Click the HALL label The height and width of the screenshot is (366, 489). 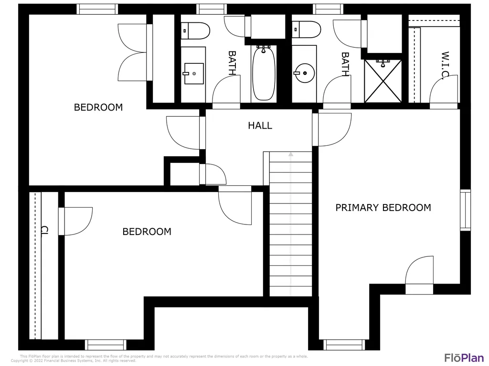(260, 126)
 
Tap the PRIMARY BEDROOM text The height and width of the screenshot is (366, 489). (383, 208)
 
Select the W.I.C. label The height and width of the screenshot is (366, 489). (445, 65)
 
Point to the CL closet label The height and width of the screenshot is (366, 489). (44, 230)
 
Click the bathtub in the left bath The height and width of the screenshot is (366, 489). (264, 73)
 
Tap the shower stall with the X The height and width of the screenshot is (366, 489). (383, 81)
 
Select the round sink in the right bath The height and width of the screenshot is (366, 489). (304, 73)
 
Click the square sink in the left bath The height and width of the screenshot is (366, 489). (194, 74)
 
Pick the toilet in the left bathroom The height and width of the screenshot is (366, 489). (195, 30)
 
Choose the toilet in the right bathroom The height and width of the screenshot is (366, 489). (306, 30)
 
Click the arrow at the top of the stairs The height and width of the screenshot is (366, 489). (291, 154)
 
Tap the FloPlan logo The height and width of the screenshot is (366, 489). (464, 357)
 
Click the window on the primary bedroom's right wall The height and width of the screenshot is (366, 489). (465, 210)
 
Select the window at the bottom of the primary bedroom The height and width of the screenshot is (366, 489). (344, 345)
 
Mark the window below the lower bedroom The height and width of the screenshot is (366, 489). (106, 345)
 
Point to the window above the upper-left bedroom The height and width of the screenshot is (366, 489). (97, 9)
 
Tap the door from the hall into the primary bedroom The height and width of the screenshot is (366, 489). (332, 130)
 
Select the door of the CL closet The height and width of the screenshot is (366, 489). (75, 221)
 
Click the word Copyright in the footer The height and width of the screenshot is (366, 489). (20, 361)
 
